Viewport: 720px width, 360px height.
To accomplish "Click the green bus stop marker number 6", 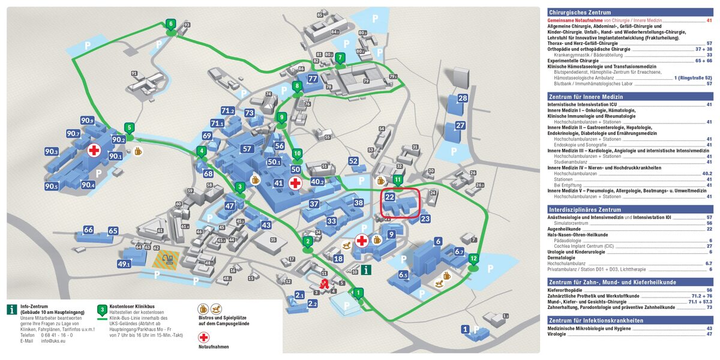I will tap(171, 25).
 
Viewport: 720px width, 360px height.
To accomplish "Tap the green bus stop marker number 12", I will tap(473, 259).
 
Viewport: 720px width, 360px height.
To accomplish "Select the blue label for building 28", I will tap(462, 98).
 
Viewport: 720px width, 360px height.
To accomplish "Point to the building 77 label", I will tap(312, 79).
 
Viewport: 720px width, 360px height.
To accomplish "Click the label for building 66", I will tap(89, 229).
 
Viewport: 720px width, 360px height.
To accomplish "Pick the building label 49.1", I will tap(124, 264).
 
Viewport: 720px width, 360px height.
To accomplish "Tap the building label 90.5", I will tap(52, 187).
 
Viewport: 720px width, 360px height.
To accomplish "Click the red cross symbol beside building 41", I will tap(295, 184).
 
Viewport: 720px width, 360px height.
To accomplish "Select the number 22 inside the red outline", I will tap(390, 197).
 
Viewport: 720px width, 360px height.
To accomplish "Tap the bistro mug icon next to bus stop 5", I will tap(139, 152).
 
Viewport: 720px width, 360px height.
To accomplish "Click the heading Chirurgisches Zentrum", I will tap(580, 12).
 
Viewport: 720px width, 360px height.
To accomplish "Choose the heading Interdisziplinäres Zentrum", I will tap(584, 210).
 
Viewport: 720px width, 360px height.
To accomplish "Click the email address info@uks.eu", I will tap(53, 341).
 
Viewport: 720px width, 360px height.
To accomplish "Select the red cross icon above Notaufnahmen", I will tap(204, 337).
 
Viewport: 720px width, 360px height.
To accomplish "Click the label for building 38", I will tap(359, 203).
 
